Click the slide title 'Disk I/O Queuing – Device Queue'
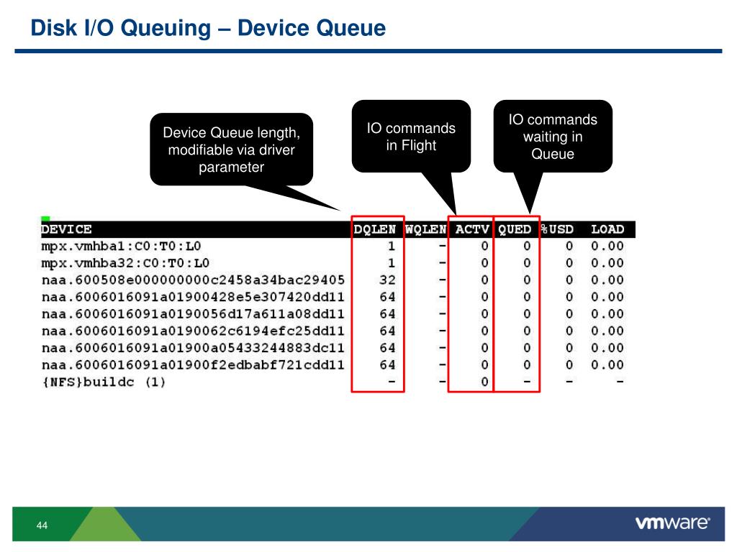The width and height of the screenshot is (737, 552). (208, 28)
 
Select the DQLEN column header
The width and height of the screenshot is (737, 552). (375, 229)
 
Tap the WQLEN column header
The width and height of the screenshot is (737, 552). (425, 229)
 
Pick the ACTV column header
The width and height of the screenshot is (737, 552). (472, 229)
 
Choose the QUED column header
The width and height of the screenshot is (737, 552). (515, 229)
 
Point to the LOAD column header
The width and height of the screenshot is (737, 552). (607, 229)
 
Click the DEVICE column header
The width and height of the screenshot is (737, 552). (66, 229)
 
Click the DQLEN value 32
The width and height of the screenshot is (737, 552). (387, 280)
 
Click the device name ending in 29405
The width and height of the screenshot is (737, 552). (192, 280)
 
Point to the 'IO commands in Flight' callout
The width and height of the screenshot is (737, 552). (411, 137)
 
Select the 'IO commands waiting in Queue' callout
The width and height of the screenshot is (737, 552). (553, 137)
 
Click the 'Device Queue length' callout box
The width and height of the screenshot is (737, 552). (231, 149)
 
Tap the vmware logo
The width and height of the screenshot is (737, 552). (672, 522)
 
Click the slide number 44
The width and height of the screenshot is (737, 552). (42, 527)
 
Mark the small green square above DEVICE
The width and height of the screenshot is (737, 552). (45, 218)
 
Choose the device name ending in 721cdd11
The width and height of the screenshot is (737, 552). (192, 365)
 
